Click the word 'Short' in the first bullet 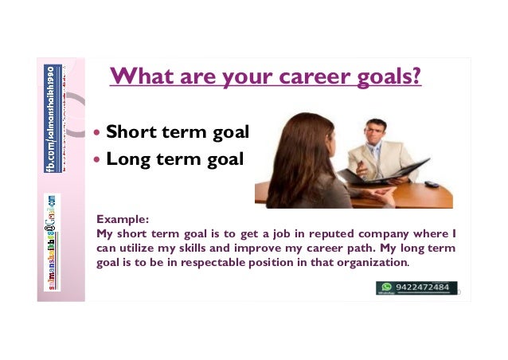[x=129, y=131]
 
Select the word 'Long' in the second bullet [x=127, y=159]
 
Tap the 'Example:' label [x=123, y=218]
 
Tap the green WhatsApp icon [x=387, y=287]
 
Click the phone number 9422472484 [x=425, y=287]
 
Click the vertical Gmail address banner [x=50, y=243]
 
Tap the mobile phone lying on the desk [x=432, y=184]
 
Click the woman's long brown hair [x=299, y=159]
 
